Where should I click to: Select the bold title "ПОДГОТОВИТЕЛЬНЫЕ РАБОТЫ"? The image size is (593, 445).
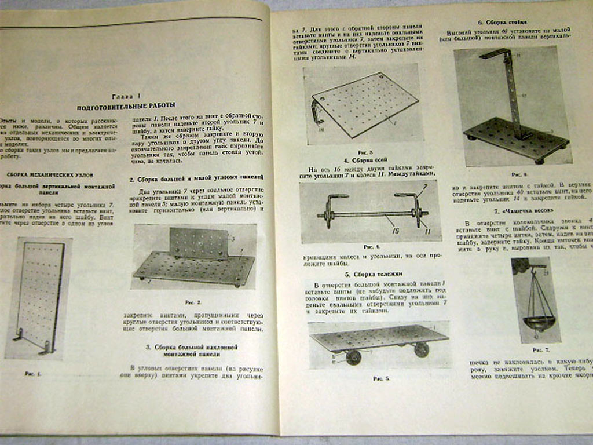click(x=127, y=107)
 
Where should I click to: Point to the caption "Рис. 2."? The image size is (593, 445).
click(x=193, y=302)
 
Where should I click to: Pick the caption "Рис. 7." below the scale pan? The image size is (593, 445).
click(x=541, y=350)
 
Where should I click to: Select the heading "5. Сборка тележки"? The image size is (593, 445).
click(x=365, y=273)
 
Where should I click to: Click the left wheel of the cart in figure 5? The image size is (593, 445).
click(x=353, y=357)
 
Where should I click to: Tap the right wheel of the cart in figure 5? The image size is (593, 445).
click(x=421, y=349)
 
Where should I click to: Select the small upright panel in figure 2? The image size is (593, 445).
click(x=199, y=243)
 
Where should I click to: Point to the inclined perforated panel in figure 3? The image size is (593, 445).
click(x=365, y=104)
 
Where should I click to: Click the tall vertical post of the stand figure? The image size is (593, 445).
click(x=513, y=96)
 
